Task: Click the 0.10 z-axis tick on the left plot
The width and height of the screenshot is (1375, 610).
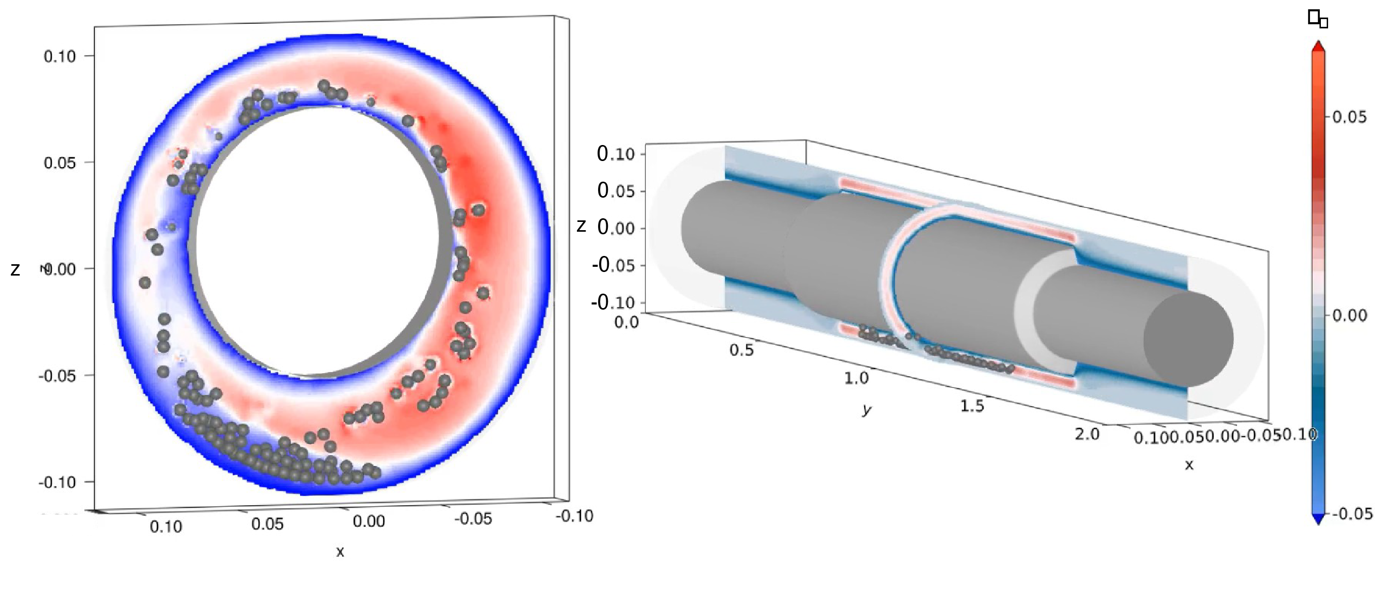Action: pos(60,56)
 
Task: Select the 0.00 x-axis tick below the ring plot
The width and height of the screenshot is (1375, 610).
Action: pos(369,521)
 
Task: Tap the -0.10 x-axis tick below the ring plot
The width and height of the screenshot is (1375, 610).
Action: pos(574,516)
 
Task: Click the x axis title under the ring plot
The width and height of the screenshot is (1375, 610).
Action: pos(340,552)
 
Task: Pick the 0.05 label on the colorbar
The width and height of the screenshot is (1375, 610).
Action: pos(1349,117)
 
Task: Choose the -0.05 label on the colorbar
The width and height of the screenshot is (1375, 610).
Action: pos(1351,513)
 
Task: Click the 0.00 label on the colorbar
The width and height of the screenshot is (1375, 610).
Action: pos(1349,315)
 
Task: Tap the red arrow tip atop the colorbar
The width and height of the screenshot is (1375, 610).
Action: pos(1318,46)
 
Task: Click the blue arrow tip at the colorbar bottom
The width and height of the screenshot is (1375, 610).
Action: pos(1318,519)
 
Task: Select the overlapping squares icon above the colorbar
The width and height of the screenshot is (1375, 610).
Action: pos(1318,19)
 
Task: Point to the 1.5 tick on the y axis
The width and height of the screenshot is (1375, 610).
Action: pos(972,406)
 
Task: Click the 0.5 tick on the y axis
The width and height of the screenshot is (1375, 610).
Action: pos(742,350)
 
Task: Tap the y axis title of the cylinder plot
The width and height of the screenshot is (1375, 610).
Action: pos(866,410)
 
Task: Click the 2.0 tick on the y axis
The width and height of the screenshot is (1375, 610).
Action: pos(1087,434)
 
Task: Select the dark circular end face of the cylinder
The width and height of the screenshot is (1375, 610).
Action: pos(1188,339)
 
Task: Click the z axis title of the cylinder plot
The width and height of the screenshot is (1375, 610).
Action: pos(581,227)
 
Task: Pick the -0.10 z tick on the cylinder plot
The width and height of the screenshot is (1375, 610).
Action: pos(613,302)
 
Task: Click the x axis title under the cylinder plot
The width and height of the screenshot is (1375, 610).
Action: pos(1189,465)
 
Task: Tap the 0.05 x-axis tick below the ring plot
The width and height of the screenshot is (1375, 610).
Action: pos(268,524)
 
